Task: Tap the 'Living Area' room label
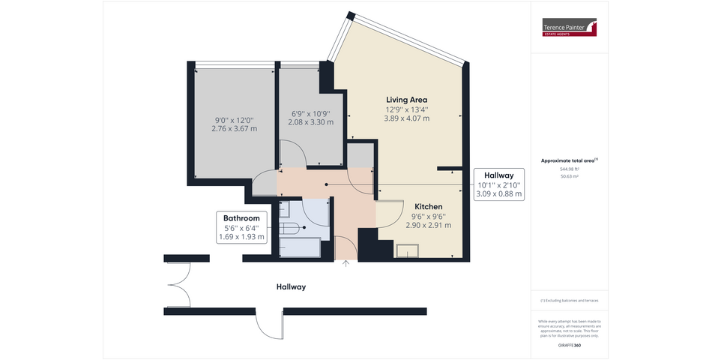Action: pos(406,100)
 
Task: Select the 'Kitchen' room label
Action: pos(429,206)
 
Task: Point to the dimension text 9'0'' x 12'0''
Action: pos(234,119)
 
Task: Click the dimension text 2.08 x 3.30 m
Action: pos(311,122)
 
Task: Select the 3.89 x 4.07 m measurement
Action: pos(406,118)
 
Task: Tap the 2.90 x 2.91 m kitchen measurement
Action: pos(429,225)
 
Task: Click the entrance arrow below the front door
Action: pos(346,262)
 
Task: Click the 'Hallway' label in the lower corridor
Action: pos(291,287)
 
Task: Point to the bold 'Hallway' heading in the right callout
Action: pos(498,175)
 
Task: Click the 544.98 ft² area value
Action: pos(570,169)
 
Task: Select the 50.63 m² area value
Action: pos(570,177)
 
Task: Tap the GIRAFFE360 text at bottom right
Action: pos(570,345)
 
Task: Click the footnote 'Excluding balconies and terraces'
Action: pos(570,300)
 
